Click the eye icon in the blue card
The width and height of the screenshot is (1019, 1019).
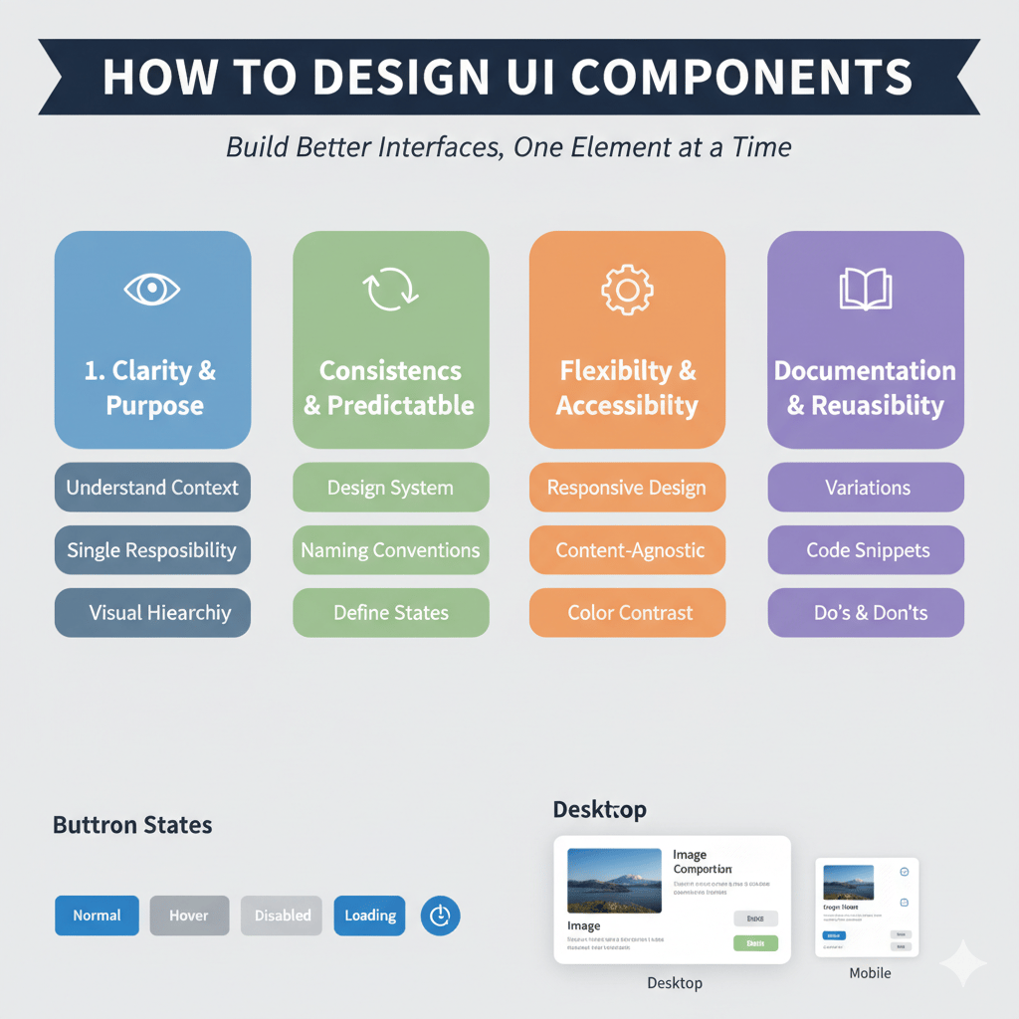point(152,290)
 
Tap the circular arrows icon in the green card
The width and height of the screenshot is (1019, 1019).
point(390,290)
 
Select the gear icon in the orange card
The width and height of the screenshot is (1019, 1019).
point(627,290)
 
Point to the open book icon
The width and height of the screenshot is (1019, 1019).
point(866,290)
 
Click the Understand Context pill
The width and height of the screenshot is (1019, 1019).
point(152,488)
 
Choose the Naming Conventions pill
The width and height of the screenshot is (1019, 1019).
point(390,550)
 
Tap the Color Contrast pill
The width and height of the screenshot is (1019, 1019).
point(628,613)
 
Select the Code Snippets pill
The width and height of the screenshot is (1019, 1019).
point(866,550)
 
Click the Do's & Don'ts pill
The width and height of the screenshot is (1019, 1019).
point(866,613)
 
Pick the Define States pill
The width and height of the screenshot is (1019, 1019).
point(390,613)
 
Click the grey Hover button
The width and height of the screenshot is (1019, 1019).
point(189,916)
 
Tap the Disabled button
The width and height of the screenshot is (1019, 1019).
point(282,916)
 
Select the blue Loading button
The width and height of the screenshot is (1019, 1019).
point(369,916)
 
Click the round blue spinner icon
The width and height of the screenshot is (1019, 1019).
point(440,916)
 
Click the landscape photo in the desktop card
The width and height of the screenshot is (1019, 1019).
point(613,881)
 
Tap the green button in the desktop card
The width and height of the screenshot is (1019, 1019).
point(755,942)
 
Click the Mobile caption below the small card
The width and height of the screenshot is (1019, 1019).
point(870,972)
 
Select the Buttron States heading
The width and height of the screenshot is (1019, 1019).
point(132,825)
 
